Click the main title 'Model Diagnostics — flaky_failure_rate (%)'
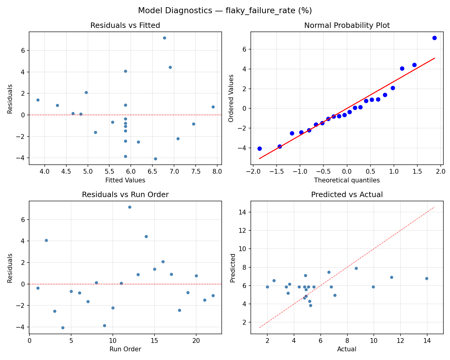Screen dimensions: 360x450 (x=225, y=10)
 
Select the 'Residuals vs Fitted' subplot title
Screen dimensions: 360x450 (x=125, y=25)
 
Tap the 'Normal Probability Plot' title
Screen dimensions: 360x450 (x=347, y=25)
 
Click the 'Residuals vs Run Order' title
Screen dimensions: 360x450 (x=125, y=195)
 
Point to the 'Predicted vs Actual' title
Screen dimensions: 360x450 (x=347, y=195)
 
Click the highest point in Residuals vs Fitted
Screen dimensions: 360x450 (x=164, y=38)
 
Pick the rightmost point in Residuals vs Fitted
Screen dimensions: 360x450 (x=213, y=107)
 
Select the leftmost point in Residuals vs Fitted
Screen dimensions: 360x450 (x=38, y=100)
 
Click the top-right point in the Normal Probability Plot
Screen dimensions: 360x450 (x=434, y=38)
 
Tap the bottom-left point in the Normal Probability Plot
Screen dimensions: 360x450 (x=259, y=148)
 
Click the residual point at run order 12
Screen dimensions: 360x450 (x=130, y=207)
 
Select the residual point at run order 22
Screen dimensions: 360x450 (x=213, y=295)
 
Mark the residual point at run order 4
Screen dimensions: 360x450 (x=63, y=328)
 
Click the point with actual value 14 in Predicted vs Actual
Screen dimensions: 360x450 (x=427, y=278)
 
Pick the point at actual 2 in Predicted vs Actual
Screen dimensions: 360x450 (x=267, y=287)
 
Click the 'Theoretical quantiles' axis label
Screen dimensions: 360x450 (x=347, y=180)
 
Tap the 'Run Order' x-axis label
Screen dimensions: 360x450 (x=125, y=349)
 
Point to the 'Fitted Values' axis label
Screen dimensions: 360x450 (x=125, y=180)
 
